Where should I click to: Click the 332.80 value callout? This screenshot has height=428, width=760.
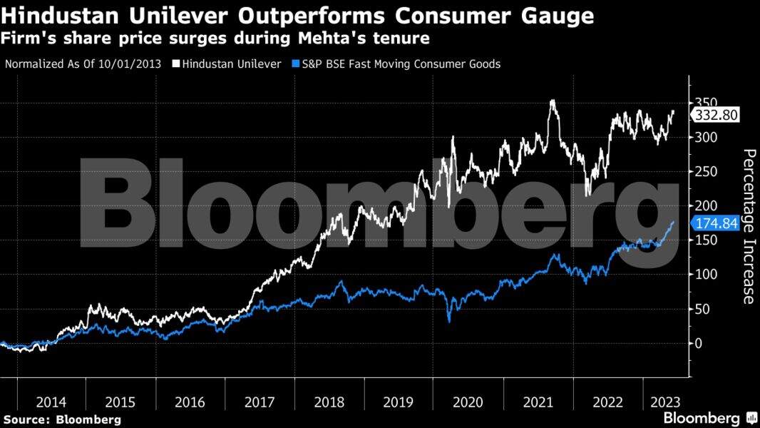coord(718,115)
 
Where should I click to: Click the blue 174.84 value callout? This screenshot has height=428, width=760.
coord(717,223)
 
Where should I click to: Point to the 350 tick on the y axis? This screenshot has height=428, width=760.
coord(705,102)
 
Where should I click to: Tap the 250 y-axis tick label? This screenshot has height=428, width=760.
coord(705,171)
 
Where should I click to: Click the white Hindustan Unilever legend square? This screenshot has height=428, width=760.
coord(175,64)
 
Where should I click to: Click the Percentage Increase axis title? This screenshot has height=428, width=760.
coord(749,226)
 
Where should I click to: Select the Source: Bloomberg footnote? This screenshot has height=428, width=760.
coord(61,419)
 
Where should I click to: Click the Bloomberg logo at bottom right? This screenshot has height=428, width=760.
coord(709,417)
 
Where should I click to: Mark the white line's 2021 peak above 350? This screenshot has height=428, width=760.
coord(553,102)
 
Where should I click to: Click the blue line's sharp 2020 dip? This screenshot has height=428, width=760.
coord(449,320)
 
